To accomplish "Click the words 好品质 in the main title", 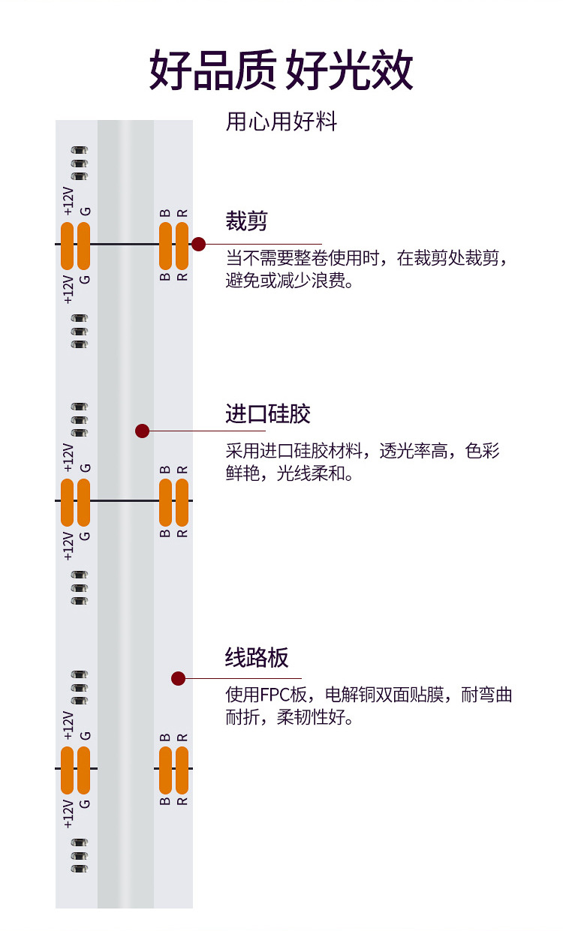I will [x=212, y=71].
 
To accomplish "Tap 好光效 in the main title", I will [x=350, y=71].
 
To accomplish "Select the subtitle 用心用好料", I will [x=281, y=122].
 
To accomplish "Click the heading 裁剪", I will [x=246, y=221].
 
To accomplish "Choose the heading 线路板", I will [x=257, y=658].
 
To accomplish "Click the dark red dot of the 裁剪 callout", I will [x=198, y=244].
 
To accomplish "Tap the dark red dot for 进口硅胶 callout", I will [x=143, y=431].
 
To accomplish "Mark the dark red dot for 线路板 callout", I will [x=178, y=678].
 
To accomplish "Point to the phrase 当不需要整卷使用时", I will [x=303, y=259].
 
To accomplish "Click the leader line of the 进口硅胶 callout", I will [x=225, y=431].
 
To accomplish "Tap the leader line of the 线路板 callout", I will [x=240, y=678].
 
